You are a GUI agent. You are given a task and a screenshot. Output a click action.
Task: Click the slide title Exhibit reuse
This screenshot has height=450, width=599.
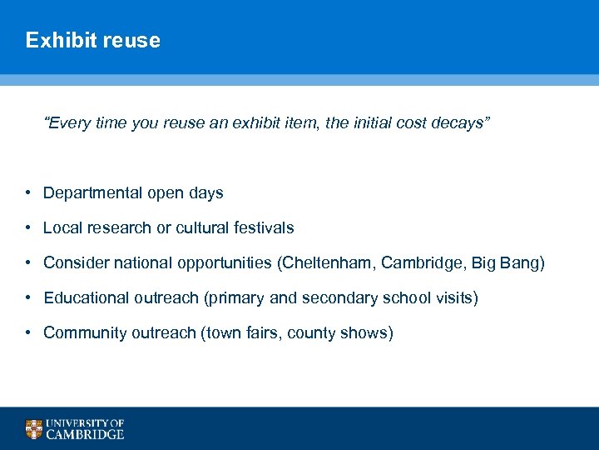pos(92,40)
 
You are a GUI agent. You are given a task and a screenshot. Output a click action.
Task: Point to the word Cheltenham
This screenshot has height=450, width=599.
pos(327,263)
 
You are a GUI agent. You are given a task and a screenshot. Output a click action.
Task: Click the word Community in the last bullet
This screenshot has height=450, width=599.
pos(82,333)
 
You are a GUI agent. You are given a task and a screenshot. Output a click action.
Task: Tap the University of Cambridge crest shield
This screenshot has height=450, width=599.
pos(33,429)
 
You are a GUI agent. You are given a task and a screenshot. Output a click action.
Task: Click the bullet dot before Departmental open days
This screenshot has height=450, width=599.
pos(27,193)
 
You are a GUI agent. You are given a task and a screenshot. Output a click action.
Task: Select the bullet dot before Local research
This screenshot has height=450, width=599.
pos(27,227)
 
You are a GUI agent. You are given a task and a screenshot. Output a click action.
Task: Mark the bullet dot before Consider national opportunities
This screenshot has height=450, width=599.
pos(27,263)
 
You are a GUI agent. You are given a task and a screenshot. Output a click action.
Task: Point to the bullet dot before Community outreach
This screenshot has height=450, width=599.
pos(27,333)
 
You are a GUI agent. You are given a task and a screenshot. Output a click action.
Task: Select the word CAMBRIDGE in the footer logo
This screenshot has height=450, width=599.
pos(85,434)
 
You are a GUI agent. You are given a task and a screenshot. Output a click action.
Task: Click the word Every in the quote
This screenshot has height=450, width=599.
pos(66,123)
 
